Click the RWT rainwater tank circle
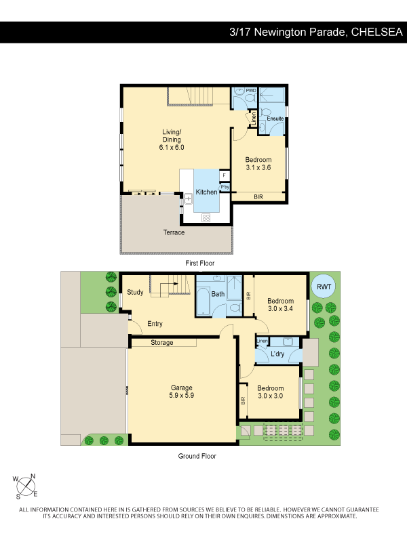click(x=324, y=287)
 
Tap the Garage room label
click(x=181, y=392)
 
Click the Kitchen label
click(x=207, y=192)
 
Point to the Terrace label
click(x=174, y=232)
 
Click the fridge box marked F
click(x=225, y=175)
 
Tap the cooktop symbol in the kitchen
click(x=206, y=217)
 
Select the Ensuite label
click(x=275, y=119)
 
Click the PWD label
click(x=251, y=91)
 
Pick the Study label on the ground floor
click(x=135, y=293)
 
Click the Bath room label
click(x=218, y=294)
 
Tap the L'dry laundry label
click(x=277, y=354)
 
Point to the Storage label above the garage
click(x=162, y=343)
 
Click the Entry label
click(x=155, y=324)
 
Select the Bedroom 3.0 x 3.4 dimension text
click(x=280, y=309)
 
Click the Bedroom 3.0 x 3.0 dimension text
click(x=270, y=396)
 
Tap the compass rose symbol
click(x=26, y=486)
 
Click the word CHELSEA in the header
click(x=377, y=32)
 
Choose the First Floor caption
click(x=199, y=263)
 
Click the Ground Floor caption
click(x=197, y=456)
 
